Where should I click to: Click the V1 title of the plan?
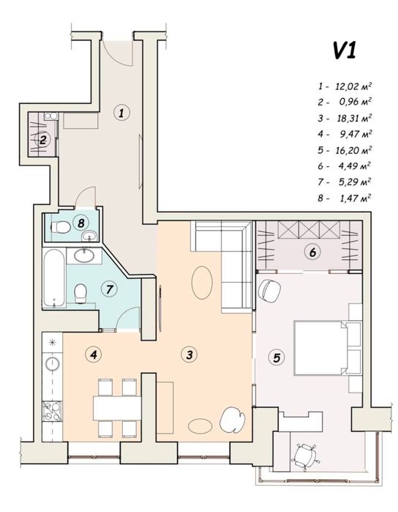pos(344,51)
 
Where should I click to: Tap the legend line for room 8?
pos(345,198)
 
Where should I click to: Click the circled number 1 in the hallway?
pos(121,113)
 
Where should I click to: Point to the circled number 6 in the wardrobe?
pos(312,253)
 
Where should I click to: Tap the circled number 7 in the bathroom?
pos(109,289)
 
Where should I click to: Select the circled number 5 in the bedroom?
pos(277,357)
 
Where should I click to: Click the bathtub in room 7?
pos(54,278)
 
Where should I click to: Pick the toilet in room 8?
pos(61,227)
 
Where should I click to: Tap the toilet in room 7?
pos(80,293)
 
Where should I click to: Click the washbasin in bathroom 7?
pos(84,255)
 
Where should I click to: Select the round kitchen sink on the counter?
pos(52,363)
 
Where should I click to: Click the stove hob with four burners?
pos(52,411)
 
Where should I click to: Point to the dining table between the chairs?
pos(117,408)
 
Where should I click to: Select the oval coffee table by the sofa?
pos(202,282)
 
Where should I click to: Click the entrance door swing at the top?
pos(118,52)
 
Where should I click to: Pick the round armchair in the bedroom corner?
pos(269,291)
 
